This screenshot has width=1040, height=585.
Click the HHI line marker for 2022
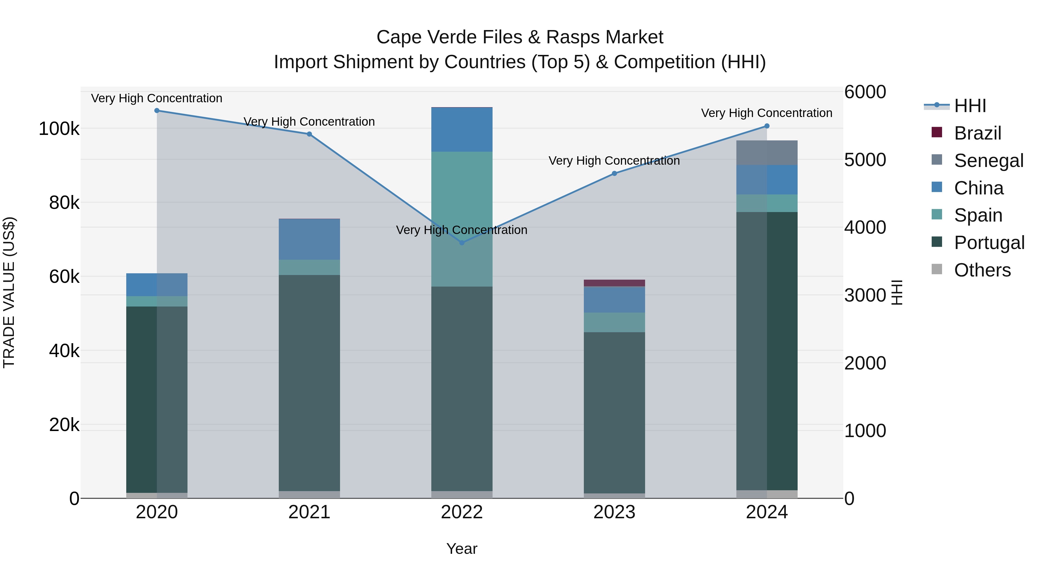pyautogui.click(x=462, y=243)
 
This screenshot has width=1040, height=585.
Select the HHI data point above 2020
pyautogui.click(x=157, y=111)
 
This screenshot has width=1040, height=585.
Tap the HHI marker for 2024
pyautogui.click(x=767, y=126)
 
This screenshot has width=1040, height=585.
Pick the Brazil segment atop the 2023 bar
pyautogui.click(x=614, y=283)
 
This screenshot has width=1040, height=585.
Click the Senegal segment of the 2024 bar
pyautogui.click(x=767, y=153)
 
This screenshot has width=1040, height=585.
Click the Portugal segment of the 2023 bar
pyautogui.click(x=614, y=412)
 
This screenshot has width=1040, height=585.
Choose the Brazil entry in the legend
pyautogui.click(x=977, y=133)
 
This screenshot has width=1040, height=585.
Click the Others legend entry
pyautogui.click(x=982, y=270)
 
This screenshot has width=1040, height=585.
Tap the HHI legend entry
pyautogui.click(x=970, y=106)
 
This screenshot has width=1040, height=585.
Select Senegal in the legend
pyautogui.click(x=988, y=161)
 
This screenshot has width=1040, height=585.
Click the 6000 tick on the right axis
pyautogui.click(x=865, y=92)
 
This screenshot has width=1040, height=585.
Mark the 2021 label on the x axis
pyautogui.click(x=309, y=512)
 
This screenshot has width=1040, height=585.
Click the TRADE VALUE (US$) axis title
pyautogui.click(x=9, y=292)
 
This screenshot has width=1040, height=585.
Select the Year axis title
pyautogui.click(x=462, y=549)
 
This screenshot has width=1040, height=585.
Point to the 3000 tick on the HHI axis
pyautogui.click(x=865, y=295)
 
